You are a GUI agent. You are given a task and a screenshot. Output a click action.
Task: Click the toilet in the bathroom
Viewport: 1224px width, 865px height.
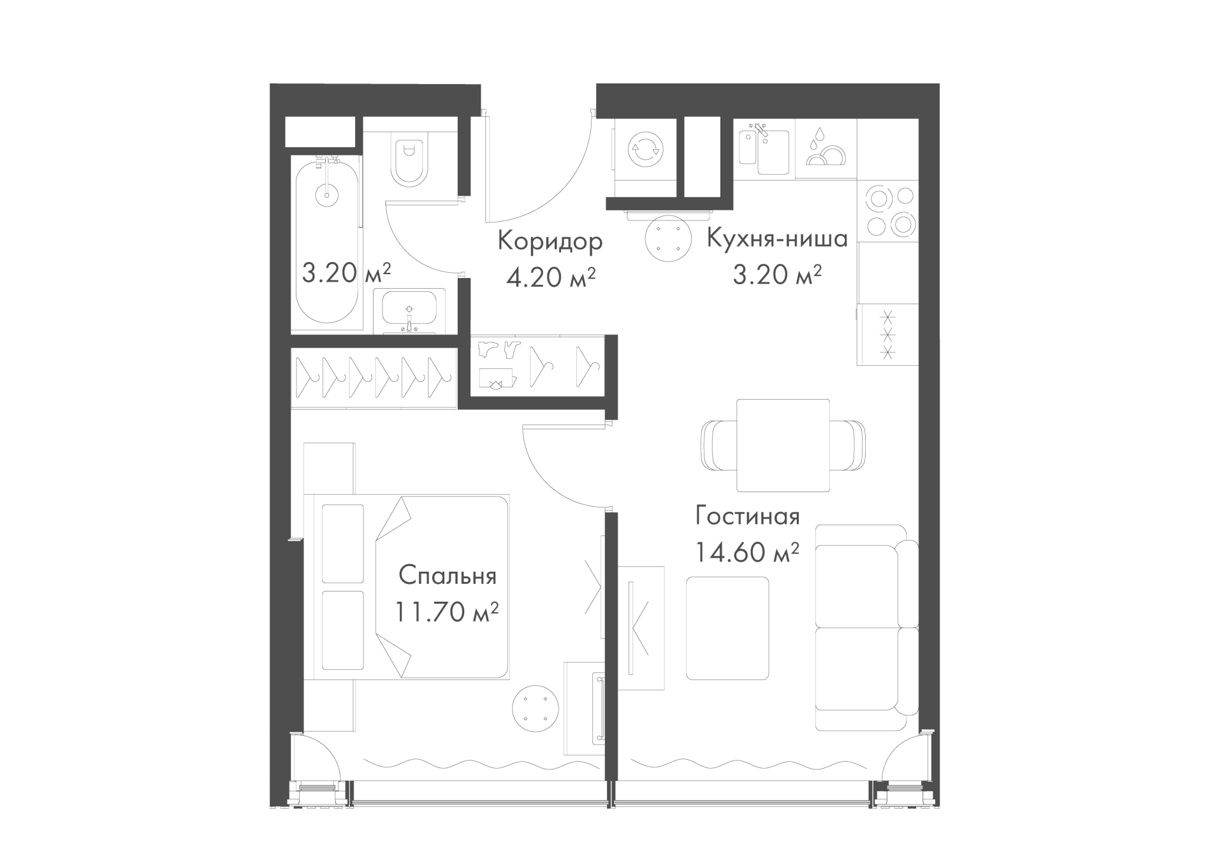410,162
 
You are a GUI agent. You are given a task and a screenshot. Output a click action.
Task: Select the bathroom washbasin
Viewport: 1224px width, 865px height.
409,312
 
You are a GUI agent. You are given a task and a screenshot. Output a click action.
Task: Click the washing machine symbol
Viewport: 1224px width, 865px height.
645,151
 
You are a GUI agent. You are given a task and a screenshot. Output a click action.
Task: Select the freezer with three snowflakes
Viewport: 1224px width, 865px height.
888,334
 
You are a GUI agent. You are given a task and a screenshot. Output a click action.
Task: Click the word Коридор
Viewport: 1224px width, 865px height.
550,242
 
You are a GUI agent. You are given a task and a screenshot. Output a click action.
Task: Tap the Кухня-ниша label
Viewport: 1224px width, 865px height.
777,238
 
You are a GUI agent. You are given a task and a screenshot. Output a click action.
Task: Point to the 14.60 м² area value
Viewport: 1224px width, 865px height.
747,552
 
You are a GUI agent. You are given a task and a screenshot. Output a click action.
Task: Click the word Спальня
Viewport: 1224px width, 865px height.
448,576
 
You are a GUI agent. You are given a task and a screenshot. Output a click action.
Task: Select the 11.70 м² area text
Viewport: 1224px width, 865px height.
447,613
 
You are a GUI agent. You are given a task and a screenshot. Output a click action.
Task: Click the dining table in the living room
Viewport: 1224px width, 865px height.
783,446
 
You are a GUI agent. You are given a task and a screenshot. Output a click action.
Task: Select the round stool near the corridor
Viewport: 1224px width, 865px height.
668,238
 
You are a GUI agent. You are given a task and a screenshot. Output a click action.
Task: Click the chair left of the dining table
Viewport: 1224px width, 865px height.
718,446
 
